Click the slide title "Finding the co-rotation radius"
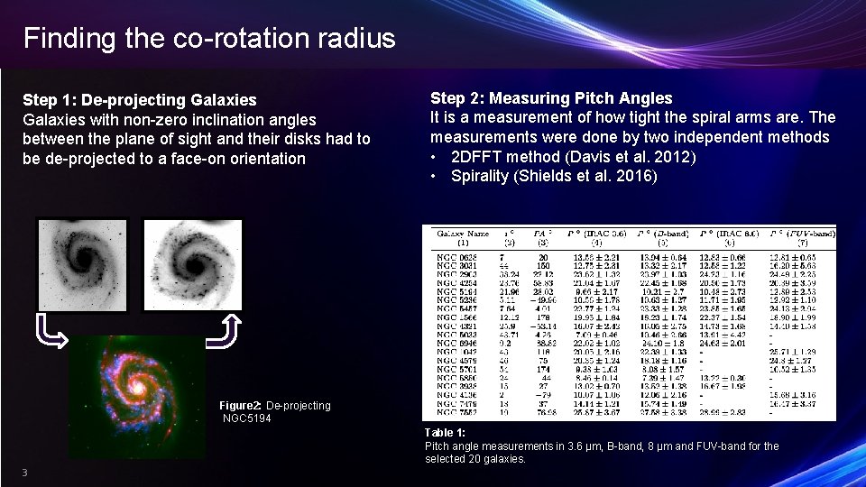point(209,38)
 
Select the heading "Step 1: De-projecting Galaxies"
point(139,99)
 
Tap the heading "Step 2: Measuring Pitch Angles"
point(551,97)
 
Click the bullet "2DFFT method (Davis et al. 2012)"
point(574,156)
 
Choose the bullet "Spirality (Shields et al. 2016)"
point(554,176)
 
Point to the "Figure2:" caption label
point(240,406)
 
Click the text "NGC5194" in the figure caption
point(247,418)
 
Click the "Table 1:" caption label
point(445,433)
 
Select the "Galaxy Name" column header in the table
point(464,233)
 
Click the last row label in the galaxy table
point(457,413)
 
